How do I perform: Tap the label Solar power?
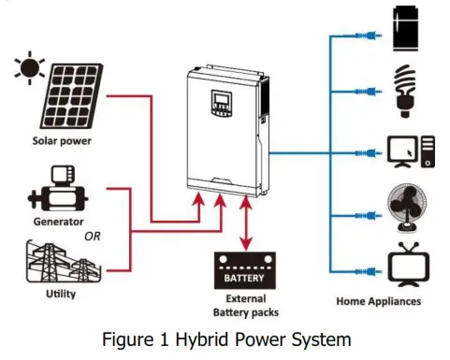(x=58, y=144)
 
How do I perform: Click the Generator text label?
(x=58, y=223)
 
